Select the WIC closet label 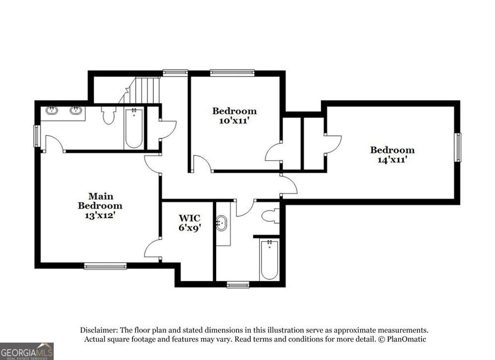[189, 218]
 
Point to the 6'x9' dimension [189, 227]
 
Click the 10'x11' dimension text [234, 121]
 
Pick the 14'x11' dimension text [392, 159]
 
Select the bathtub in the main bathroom [133, 128]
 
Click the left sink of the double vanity [52, 111]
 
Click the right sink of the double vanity [75, 111]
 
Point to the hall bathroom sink [222, 224]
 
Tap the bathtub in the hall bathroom [269, 259]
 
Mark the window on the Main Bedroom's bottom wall [105, 266]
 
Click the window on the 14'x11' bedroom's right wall [457, 148]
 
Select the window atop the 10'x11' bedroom [232, 73]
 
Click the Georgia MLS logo [27, 351]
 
